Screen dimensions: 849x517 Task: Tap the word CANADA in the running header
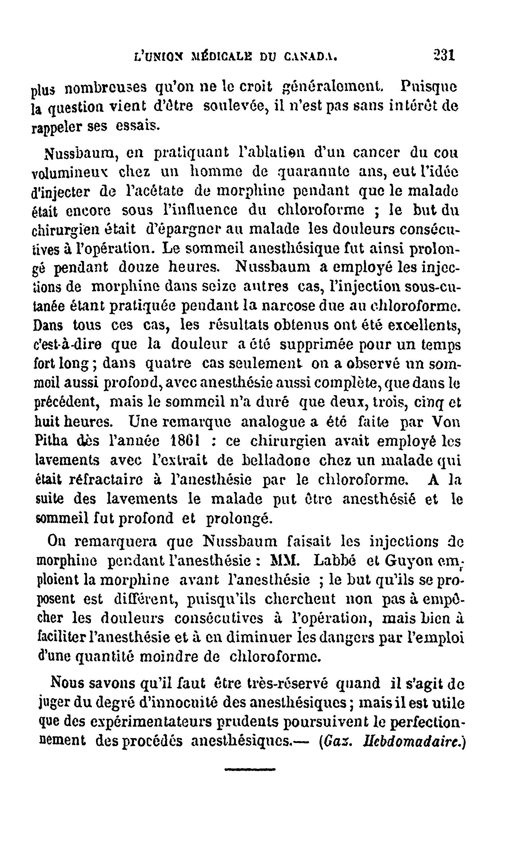[310, 56]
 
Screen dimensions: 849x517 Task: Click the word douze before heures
[139, 267]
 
